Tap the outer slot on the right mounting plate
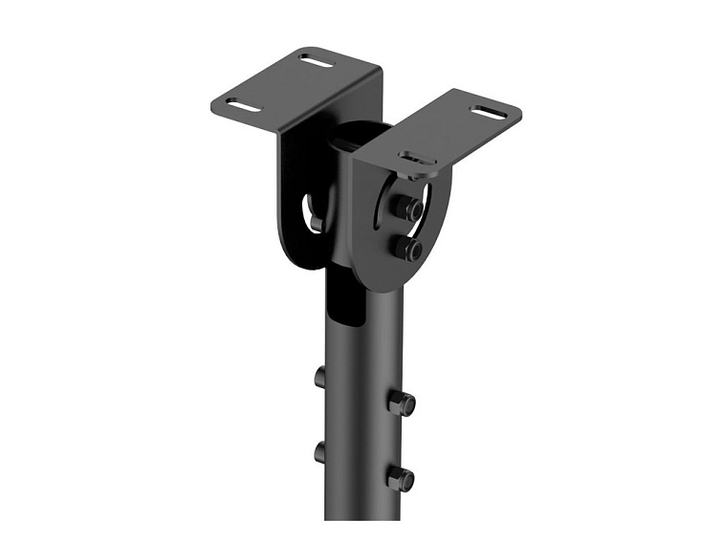pyautogui.click(x=488, y=113)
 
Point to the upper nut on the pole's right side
pyautogui.click(x=402, y=401)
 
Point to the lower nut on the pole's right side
pyautogui.click(x=402, y=477)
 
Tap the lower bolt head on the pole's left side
pyautogui.click(x=320, y=452)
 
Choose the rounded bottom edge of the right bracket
pyautogui.click(x=383, y=283)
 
